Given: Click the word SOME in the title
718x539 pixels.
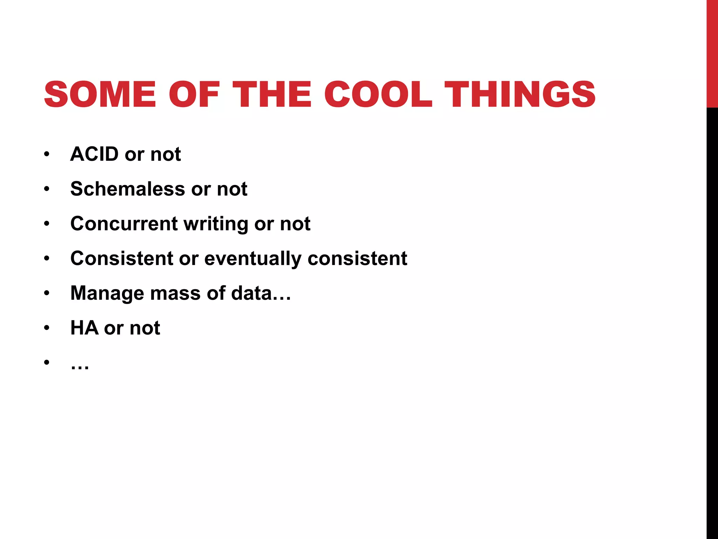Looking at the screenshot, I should pyautogui.click(x=100, y=94).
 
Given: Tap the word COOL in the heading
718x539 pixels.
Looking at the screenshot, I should pyautogui.click(x=378, y=94).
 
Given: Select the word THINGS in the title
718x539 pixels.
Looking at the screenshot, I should pyautogui.click(x=520, y=94).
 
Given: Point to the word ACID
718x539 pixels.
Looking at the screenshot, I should pyautogui.click(x=94, y=154).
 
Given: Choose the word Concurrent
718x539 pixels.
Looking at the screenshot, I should pyautogui.click(x=124, y=224).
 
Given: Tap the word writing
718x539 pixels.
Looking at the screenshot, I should pyautogui.click(x=216, y=224).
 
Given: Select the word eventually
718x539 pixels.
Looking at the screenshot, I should pyautogui.click(x=253, y=259).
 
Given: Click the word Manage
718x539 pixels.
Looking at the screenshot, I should pyautogui.click(x=107, y=293).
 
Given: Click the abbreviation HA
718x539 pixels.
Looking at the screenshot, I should pyautogui.click(x=84, y=328).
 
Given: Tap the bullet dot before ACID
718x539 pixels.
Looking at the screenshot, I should pyautogui.click(x=47, y=154).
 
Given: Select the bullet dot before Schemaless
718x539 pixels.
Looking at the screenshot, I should pyautogui.click(x=47, y=189).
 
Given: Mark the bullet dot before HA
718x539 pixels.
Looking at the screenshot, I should pyautogui.click(x=47, y=328).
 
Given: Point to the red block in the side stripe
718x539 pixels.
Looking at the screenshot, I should pyautogui.click(x=712, y=53).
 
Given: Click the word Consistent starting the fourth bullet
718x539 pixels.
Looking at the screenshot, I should pyautogui.click(x=121, y=258).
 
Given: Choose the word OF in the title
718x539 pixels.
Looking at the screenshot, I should pyautogui.click(x=194, y=94).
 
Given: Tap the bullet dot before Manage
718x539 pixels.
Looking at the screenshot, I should pyautogui.click(x=47, y=293).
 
